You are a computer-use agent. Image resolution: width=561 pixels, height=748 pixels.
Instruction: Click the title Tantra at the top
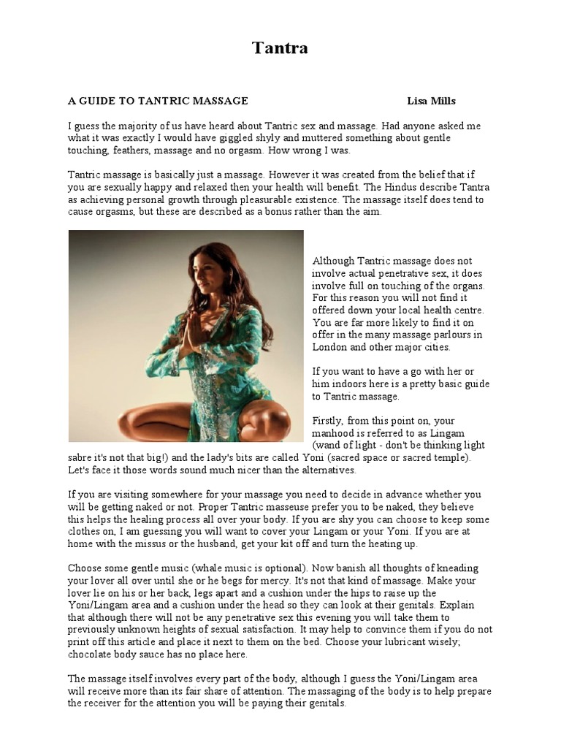[280, 49]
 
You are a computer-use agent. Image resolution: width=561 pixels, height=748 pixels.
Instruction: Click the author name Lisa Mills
[432, 101]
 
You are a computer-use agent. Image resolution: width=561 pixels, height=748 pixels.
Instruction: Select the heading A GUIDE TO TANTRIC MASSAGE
[158, 101]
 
